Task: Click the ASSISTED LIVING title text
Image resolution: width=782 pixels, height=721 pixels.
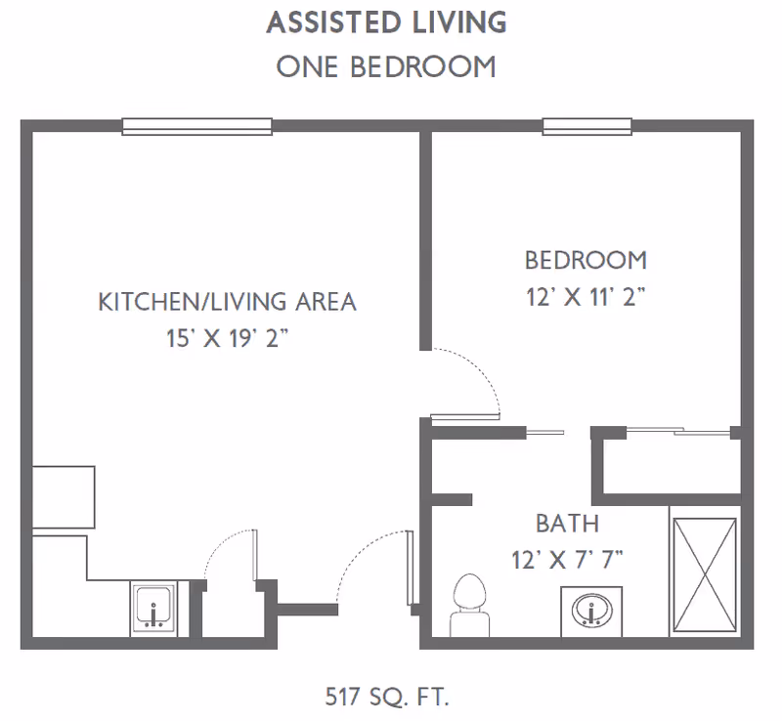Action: pos(386,22)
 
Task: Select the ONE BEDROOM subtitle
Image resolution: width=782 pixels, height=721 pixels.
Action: pos(386,66)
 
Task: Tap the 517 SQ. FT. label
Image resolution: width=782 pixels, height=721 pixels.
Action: pos(387,697)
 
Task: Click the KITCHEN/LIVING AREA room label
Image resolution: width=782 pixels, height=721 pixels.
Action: pos(228,302)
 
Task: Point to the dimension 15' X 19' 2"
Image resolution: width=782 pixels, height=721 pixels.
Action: pos(228,339)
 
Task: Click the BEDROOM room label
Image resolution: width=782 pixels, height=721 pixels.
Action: pos(586,260)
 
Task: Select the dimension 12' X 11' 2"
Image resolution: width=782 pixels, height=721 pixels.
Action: pos(586,297)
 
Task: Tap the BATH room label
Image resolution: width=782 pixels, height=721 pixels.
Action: pos(568,524)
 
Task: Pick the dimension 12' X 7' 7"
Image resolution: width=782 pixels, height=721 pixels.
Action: pos(568,560)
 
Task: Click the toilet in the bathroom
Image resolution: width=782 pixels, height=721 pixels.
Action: pos(470,606)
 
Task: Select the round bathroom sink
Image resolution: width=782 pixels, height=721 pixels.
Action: pos(591,611)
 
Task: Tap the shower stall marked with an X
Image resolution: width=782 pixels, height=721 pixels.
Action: pos(705,574)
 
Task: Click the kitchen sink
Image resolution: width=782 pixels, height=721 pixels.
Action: pos(154,609)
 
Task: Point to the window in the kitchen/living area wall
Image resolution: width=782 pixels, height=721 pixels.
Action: pos(197,127)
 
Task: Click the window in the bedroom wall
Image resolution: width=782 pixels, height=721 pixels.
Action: pos(587,127)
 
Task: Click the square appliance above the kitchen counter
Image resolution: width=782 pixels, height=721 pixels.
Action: pos(64,497)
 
